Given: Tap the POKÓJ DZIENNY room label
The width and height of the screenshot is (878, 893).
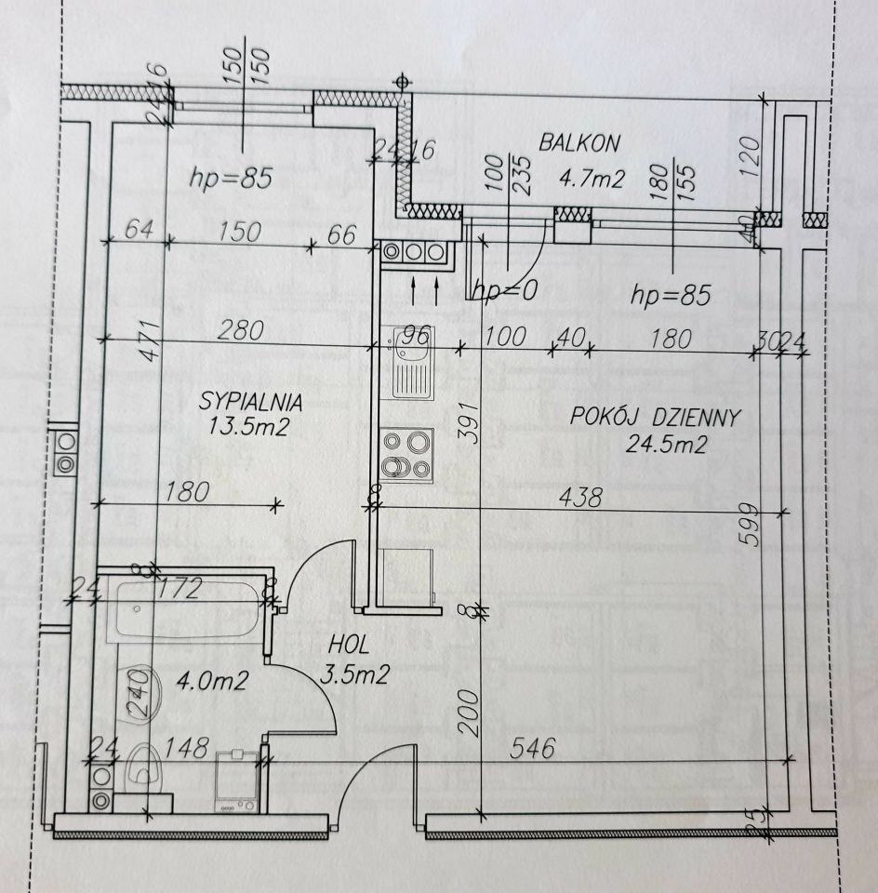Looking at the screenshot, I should click(x=656, y=417).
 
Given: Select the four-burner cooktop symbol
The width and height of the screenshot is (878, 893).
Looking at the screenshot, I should click(x=407, y=453).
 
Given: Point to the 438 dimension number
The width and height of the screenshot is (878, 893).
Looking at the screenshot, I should click(x=579, y=498).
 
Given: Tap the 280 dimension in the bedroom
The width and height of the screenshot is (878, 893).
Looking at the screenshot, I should click(x=240, y=328).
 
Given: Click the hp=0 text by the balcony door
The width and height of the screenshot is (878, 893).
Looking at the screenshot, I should click(x=505, y=290).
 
